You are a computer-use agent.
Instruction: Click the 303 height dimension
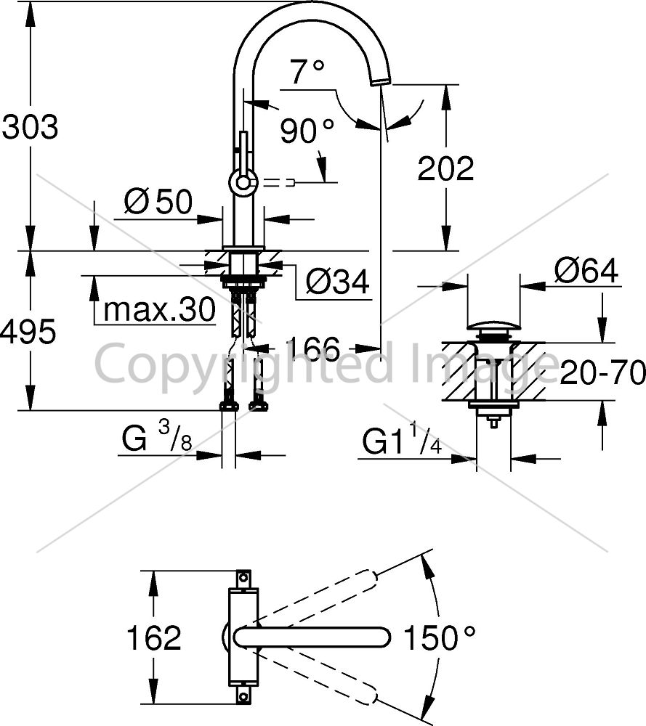pyautogui.click(x=30, y=126)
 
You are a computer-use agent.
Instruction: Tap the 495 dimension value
pyautogui.click(x=28, y=332)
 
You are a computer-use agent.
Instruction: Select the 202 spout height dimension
pyautogui.click(x=445, y=168)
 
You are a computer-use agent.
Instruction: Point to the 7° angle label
pyautogui.click(x=307, y=71)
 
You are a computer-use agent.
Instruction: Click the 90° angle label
pyautogui.click(x=307, y=130)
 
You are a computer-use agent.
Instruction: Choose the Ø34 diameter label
pyautogui.click(x=337, y=281)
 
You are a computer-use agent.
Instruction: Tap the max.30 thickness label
pyautogui.click(x=159, y=309)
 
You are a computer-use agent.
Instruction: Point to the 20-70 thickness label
pyautogui.click(x=602, y=372)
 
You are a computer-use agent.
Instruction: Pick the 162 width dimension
pyautogui.click(x=153, y=637)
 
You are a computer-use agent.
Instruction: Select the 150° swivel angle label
pyautogui.click(x=440, y=637)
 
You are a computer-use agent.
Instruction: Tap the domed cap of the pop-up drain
pyautogui.click(x=493, y=326)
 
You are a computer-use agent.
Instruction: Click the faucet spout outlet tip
pyautogui.click(x=381, y=81)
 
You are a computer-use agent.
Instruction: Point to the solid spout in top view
pyautogui.click(x=312, y=637)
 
